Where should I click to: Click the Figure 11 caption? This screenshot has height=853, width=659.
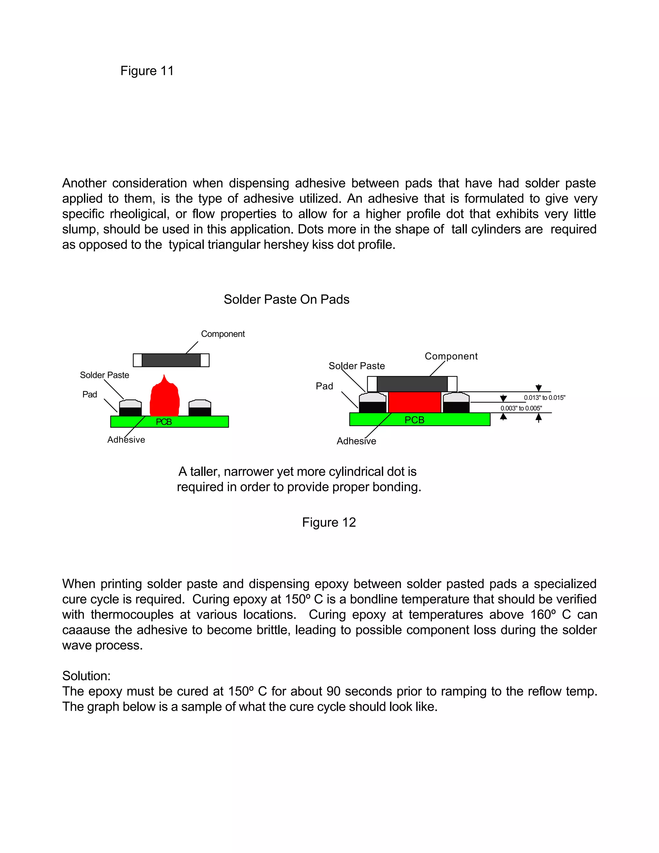147,71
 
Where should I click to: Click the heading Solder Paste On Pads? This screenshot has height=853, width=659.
286,299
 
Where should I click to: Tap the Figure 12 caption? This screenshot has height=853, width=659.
329,522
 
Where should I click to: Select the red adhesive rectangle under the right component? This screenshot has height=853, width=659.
414,402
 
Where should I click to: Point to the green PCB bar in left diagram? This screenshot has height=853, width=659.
195,422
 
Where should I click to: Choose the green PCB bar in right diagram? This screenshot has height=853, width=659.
449,419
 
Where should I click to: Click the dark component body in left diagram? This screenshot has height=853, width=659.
171,360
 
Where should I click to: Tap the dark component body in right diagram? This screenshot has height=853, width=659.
412,384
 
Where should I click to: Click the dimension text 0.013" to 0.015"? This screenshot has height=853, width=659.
544,398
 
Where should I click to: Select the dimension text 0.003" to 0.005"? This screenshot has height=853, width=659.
521,408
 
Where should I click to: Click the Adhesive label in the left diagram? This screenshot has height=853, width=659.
126,440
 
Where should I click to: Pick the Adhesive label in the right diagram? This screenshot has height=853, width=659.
356,441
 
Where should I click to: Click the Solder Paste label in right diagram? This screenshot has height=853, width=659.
357,366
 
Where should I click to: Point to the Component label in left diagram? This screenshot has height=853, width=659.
223,334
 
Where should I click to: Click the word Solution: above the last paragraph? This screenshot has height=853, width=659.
86,676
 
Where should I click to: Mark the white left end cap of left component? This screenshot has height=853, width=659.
137,360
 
